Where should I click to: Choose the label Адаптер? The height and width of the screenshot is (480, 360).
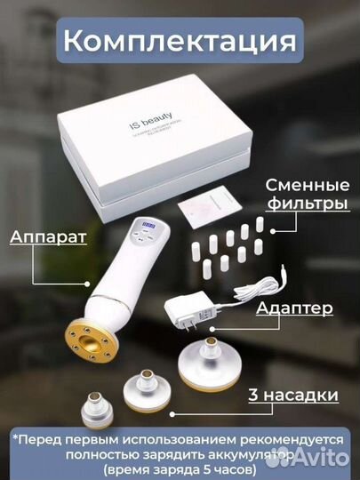294,309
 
